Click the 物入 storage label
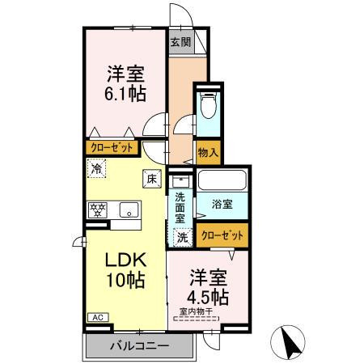(208, 151)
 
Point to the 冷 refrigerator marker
(97, 169)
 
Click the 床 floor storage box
(150, 180)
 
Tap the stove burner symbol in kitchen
(99, 210)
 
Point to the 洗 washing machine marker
(183, 238)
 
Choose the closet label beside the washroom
(221, 235)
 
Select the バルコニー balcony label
(139, 346)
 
